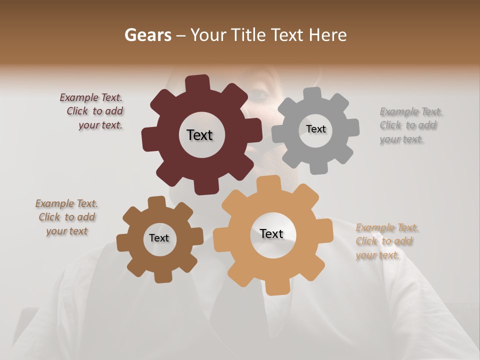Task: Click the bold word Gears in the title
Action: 147,35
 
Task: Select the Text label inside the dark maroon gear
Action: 199,135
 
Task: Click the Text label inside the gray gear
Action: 315,129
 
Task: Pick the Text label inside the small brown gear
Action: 159,238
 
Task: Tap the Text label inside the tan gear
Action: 271,233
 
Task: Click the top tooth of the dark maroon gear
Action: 197,83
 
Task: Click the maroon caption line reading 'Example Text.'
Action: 91,97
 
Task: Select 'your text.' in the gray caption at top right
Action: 401,139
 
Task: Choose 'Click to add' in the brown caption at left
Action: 67,217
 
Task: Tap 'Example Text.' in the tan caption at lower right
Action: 387,228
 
